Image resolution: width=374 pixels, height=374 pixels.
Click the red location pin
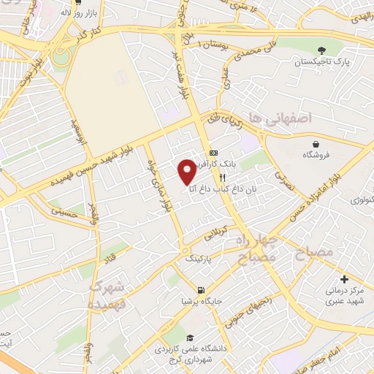pyautogui.click(x=187, y=171)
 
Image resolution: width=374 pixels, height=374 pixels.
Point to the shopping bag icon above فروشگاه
pyautogui.click(x=315, y=144)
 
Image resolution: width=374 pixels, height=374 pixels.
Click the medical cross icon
pyautogui.click(x=344, y=279)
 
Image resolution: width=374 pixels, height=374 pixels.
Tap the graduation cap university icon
pyautogui.click(x=190, y=338)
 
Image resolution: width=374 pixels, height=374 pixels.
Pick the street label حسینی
pyautogui.click(x=64, y=211)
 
